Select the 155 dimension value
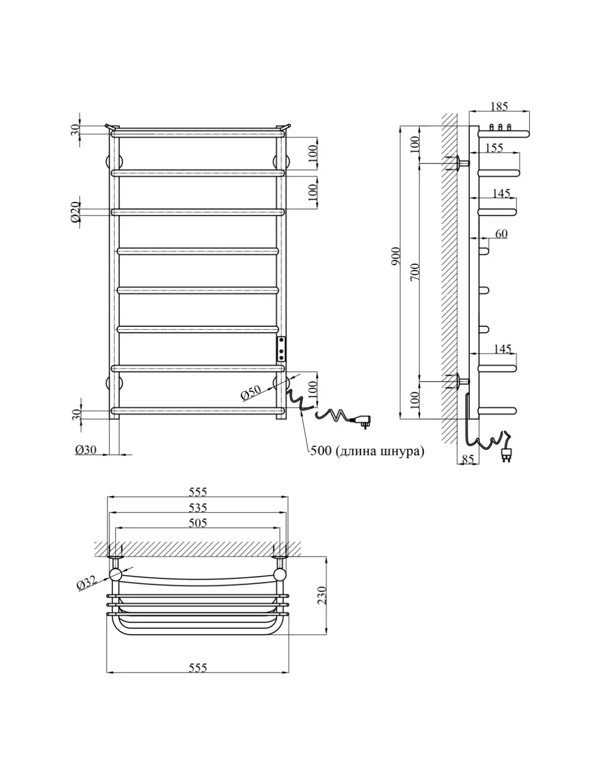(x=494, y=148)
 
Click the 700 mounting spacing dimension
(x=415, y=271)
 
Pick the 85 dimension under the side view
(x=467, y=460)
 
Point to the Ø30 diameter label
(x=86, y=450)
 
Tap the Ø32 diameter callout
(x=87, y=583)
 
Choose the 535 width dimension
(x=197, y=508)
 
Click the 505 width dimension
(x=197, y=523)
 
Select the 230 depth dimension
(x=322, y=595)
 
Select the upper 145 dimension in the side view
(x=501, y=194)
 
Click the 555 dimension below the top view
(x=197, y=667)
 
